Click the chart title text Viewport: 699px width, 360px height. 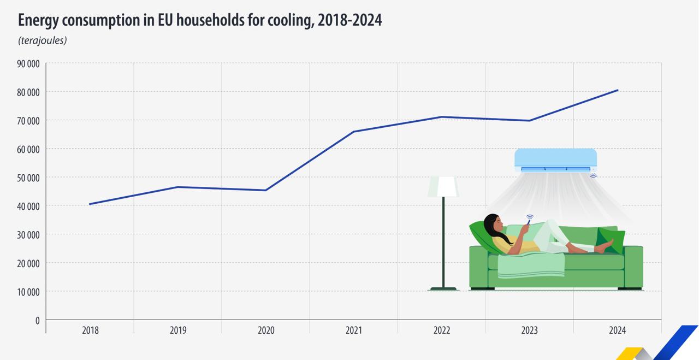[x=200, y=21]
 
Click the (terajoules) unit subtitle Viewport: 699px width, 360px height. [x=43, y=40]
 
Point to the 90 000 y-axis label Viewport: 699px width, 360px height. [x=28, y=64]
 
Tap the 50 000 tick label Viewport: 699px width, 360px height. [x=28, y=178]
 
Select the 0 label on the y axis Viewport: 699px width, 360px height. [x=38, y=320]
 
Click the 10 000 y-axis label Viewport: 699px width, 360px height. [x=28, y=292]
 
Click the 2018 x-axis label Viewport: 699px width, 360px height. [x=90, y=331]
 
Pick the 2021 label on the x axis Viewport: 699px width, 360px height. [x=354, y=331]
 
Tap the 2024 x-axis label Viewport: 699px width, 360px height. [x=618, y=331]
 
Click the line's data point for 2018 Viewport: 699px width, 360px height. [x=90, y=204]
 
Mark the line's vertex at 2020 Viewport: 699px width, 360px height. [x=265, y=190]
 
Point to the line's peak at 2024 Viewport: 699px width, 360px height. [x=617, y=90]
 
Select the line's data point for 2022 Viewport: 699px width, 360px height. [x=442, y=117]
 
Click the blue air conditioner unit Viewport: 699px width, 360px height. [x=556, y=160]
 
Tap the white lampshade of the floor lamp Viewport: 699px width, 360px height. [x=443, y=186]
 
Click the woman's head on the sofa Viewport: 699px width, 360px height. [x=493, y=224]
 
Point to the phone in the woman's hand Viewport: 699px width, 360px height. [x=529, y=222]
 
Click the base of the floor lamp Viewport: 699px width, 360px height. [x=443, y=289]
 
